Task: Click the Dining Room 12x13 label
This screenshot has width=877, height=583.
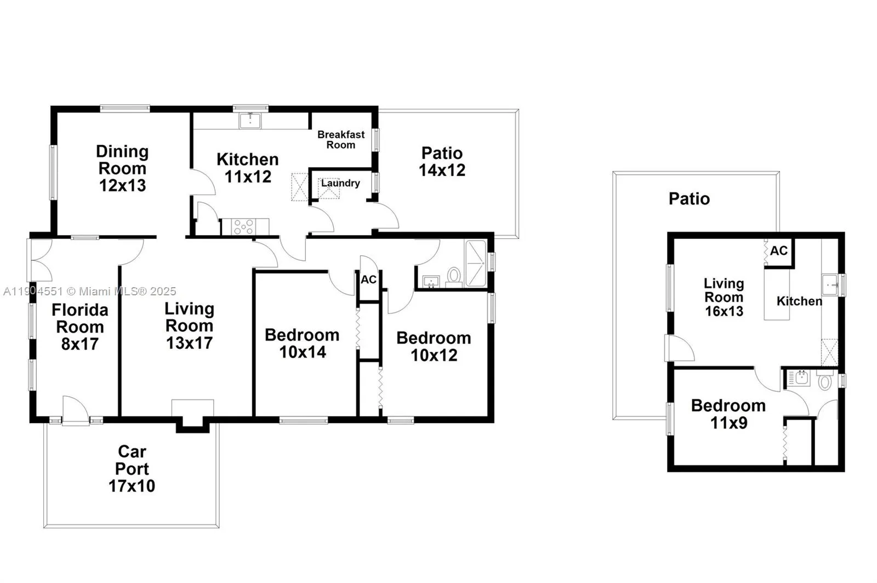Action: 122,168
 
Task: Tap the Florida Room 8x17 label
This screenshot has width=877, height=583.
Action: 80,327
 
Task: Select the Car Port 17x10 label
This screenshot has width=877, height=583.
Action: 132,468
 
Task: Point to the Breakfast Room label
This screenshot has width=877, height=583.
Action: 341,140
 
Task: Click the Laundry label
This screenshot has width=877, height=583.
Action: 340,183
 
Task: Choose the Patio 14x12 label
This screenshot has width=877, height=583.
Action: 442,162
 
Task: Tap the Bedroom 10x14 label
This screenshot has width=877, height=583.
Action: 302,344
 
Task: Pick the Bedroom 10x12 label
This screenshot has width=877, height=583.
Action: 434,346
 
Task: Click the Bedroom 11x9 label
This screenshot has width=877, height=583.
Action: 728,414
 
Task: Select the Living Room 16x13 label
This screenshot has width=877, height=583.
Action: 724,297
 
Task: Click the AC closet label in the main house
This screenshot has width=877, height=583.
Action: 368,280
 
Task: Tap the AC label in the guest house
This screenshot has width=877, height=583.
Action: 779,251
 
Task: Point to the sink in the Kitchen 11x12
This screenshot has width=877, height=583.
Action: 250,120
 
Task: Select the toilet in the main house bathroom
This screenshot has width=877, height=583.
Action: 454,275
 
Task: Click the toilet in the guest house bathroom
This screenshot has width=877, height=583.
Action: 825,381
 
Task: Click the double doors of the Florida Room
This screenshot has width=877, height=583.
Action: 39,260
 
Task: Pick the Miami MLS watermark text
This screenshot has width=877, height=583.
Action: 90,291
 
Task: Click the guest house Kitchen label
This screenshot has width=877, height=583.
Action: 799,301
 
